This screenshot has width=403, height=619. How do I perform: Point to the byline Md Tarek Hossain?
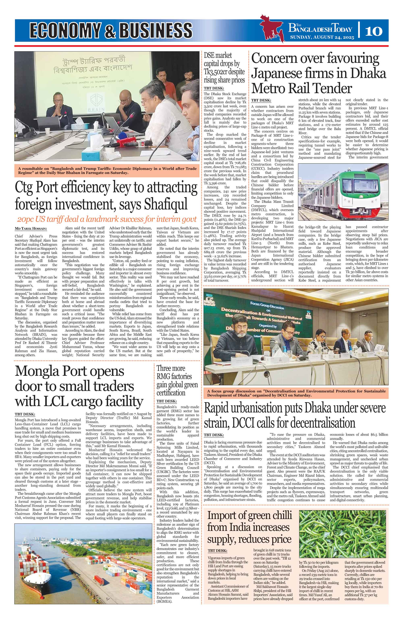tap(31, 229)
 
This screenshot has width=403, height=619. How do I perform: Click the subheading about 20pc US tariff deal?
tap(107, 219)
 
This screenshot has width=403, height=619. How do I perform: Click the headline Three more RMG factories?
tap(177, 380)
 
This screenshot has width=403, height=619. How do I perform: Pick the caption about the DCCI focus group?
tap(296, 393)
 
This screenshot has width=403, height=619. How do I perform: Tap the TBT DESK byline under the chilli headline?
tap(217, 551)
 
